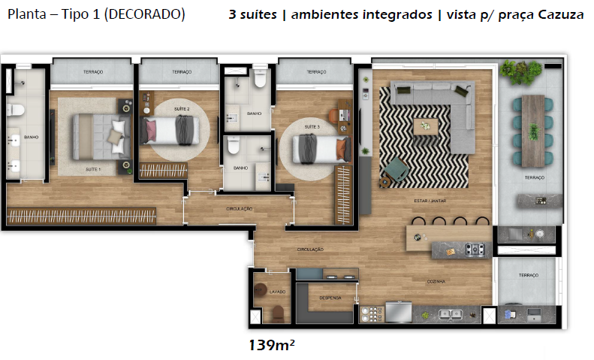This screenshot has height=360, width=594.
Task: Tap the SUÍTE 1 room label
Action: [93, 170]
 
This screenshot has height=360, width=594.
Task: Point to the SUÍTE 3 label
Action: [312, 127]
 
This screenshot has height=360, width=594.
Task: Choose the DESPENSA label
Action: [330, 298]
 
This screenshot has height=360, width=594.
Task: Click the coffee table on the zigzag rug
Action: [426, 126]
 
